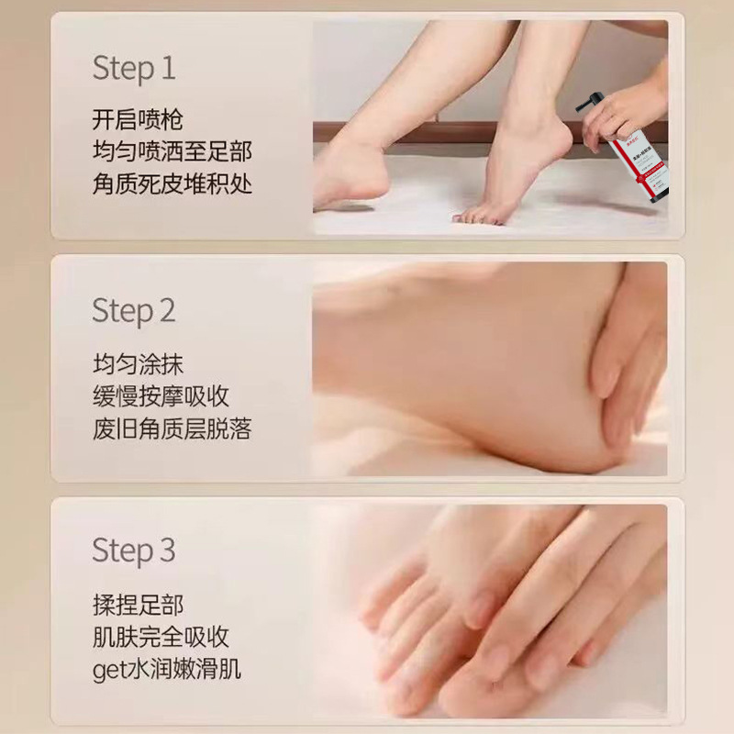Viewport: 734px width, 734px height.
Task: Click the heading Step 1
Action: pos(133,69)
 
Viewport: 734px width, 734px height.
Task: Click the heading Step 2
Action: pos(133,311)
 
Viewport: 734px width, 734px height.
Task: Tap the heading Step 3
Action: pos(133,551)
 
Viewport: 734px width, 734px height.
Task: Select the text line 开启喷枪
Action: pos(138,120)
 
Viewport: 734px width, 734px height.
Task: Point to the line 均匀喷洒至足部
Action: pos(172,151)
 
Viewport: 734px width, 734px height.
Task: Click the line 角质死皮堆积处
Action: pos(172,183)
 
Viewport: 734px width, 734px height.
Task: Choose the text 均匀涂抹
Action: pos(138,363)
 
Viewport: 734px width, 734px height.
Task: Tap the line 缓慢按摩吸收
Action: pos(161,395)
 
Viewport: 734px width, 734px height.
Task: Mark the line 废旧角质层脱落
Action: pos(172,428)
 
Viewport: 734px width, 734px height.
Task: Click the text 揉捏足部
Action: pos(138,605)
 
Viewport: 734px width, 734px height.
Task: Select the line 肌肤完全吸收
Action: pos(161,637)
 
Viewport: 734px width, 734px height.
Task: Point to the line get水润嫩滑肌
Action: pos(166,669)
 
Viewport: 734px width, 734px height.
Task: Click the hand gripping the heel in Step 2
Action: pos(624,358)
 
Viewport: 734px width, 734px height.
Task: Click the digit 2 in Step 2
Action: pos(166,311)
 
